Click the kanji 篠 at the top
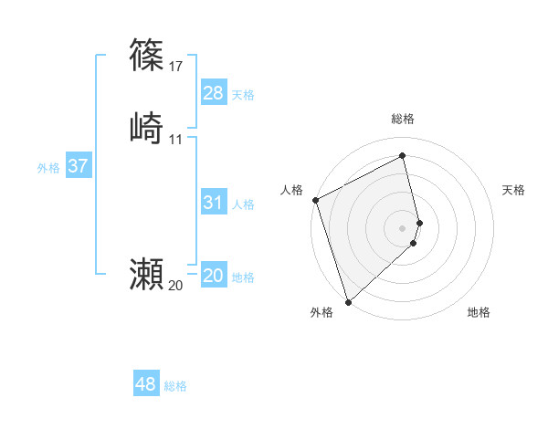coord(147,55)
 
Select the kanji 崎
coord(147,127)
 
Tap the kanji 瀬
coord(147,273)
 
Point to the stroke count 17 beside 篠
coord(176,67)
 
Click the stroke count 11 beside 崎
coord(176,140)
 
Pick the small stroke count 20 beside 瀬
coord(176,286)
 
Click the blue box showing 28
coord(213,93)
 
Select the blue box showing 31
coord(213,203)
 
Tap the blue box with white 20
coord(213,276)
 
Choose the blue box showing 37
coord(79,166)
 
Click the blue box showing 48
coord(146,384)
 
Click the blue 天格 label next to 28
coord(243,95)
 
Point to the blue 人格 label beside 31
coord(243,204)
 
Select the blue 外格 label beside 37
coord(48,168)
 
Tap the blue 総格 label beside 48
coord(175,386)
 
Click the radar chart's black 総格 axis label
coord(403,119)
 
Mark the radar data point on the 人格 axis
coord(315,200)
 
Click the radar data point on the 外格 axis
coord(348,301)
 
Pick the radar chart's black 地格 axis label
coord(479,312)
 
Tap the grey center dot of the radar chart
coord(403,227)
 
